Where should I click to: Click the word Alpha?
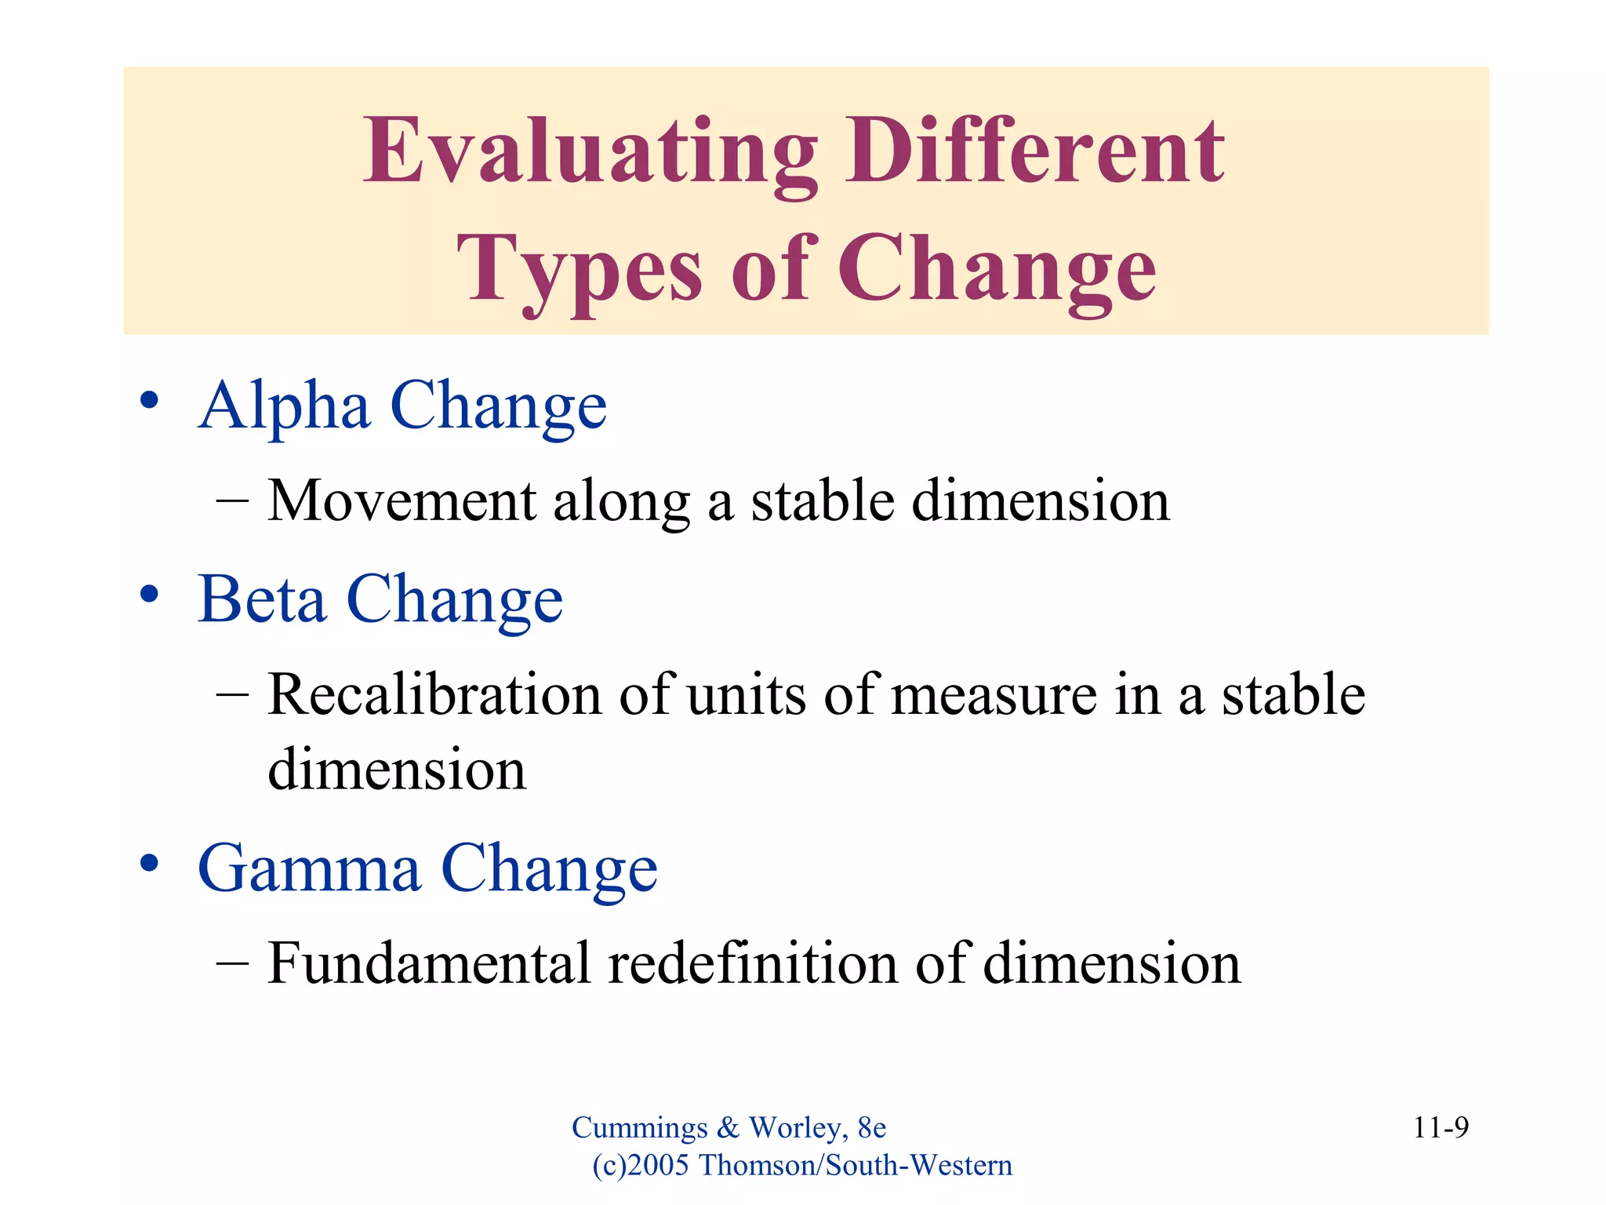tap(284, 406)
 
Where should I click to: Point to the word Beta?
tap(262, 599)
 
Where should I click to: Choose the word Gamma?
tap(309, 868)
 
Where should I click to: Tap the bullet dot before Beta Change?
tap(149, 594)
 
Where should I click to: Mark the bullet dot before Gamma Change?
tap(149, 863)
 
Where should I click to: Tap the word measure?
tap(994, 696)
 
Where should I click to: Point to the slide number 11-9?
tap(1441, 1127)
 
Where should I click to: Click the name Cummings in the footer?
tap(639, 1128)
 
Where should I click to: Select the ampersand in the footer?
tap(728, 1127)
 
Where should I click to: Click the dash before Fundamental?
tap(232, 963)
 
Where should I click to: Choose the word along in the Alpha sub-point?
tap(621, 502)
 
